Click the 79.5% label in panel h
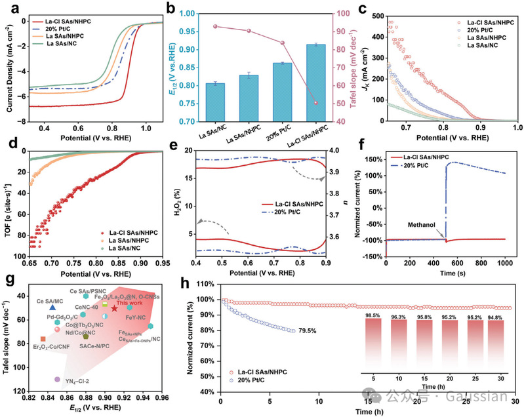308,331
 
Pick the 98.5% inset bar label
372,315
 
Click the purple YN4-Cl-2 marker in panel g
58,380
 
